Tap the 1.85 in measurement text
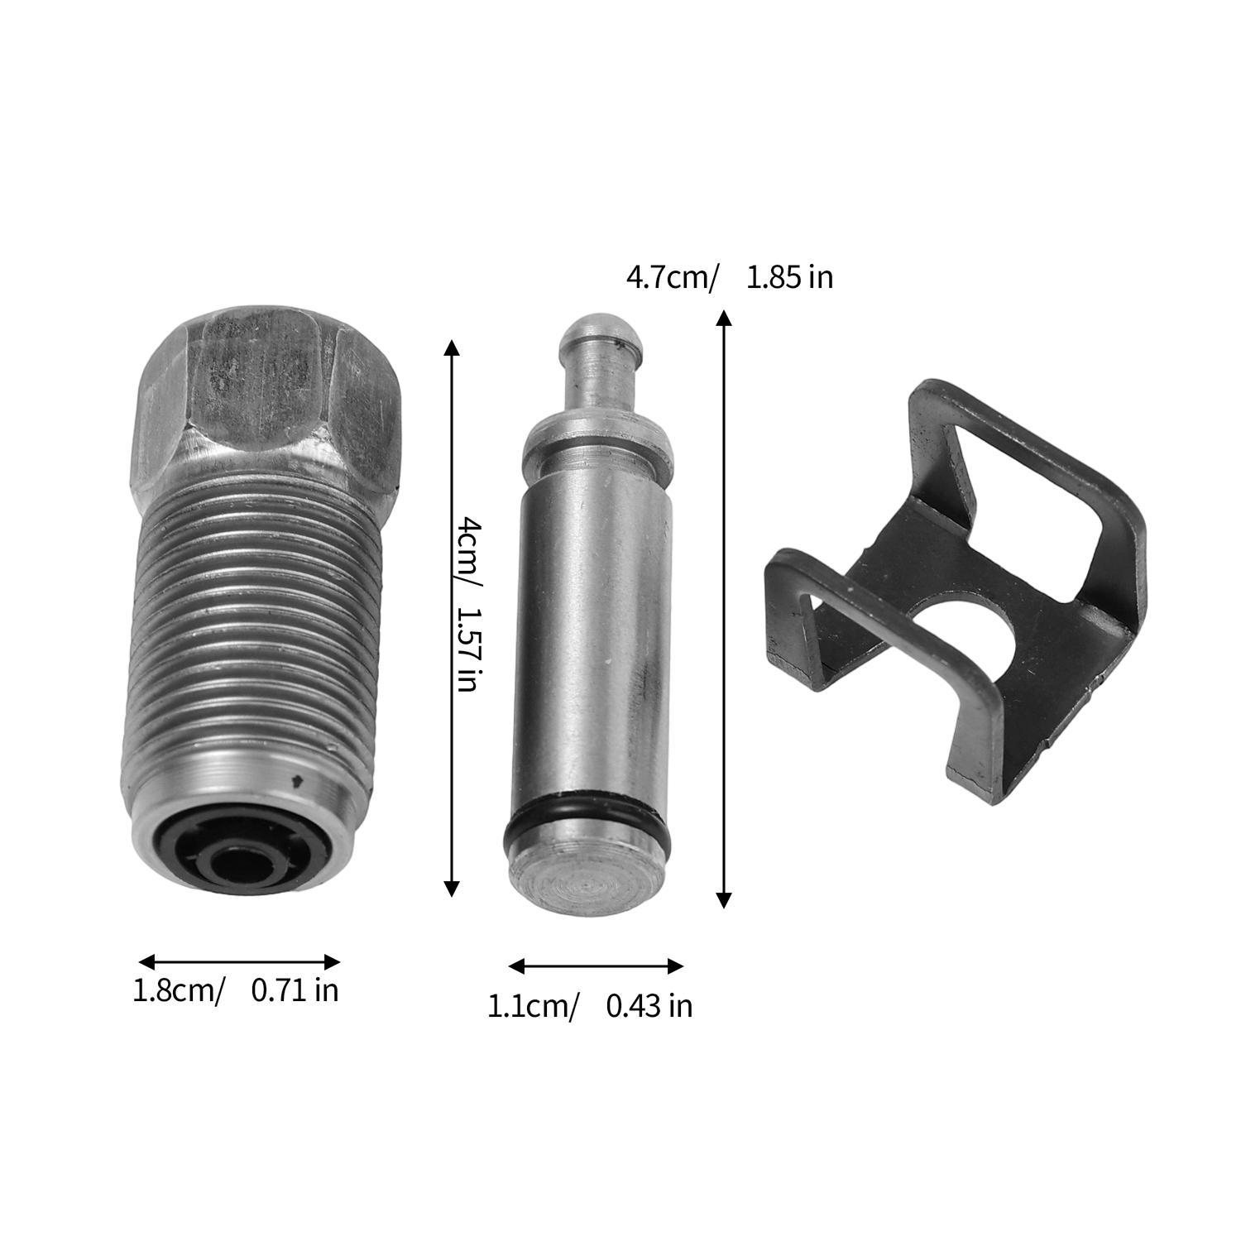(789, 277)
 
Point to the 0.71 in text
(295, 990)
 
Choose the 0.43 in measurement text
(649, 1006)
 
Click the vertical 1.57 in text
(470, 650)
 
